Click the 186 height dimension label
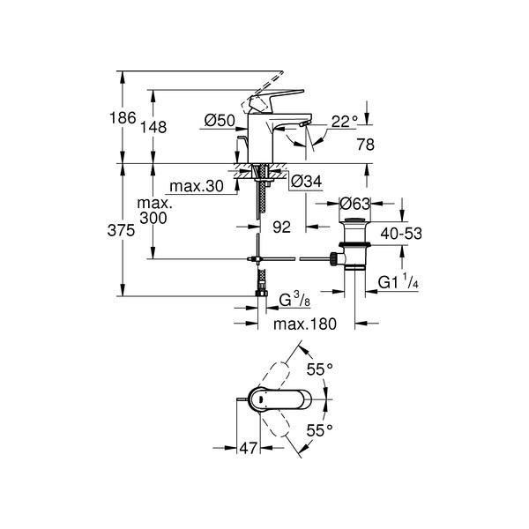[123, 118]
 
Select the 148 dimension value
[153, 127]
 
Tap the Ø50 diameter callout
[220, 121]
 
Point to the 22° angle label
[344, 122]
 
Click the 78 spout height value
[365, 145]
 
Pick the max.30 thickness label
[197, 186]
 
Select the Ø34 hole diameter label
[306, 182]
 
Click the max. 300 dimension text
[153, 211]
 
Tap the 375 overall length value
[121, 231]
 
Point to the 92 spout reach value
[282, 227]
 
